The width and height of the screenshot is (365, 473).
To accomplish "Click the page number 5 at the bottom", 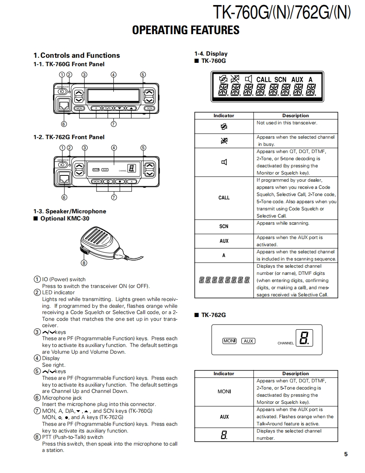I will pyautogui.click(x=346, y=454).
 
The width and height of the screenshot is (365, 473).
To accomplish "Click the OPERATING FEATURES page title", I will pyautogui.click(x=185, y=30).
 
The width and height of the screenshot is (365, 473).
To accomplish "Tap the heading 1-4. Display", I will pyautogui.click(x=211, y=54).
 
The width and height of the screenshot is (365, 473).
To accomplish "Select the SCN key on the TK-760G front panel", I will pyautogui.click(x=149, y=108).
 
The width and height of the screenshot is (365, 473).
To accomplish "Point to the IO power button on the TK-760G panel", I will pyautogui.click(x=62, y=91).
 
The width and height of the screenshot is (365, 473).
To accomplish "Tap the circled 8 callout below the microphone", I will pyautogui.click(x=84, y=263).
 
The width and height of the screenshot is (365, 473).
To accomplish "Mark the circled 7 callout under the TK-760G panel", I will pyautogui.click(x=113, y=124).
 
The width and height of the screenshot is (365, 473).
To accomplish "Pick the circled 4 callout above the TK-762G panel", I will pyautogui.click(x=114, y=148).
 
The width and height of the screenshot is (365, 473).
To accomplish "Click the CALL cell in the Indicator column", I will pyautogui.click(x=224, y=197).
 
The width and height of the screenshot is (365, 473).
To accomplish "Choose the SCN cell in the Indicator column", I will pyautogui.click(x=224, y=226).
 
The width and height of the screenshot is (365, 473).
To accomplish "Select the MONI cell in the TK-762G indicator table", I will pyautogui.click(x=224, y=391).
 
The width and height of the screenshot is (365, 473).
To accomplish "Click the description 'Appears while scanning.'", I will pyautogui.click(x=283, y=223).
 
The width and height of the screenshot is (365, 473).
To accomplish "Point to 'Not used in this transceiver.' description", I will pyautogui.click(x=287, y=123).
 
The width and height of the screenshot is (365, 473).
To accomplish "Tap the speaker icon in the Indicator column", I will pyautogui.click(x=224, y=162).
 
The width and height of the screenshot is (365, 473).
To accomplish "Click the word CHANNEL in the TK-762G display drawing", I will pyautogui.click(x=285, y=343).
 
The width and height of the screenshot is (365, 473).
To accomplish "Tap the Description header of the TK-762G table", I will pyautogui.click(x=295, y=374).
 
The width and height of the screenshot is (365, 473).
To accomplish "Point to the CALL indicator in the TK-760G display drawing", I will pyautogui.click(x=264, y=79).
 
